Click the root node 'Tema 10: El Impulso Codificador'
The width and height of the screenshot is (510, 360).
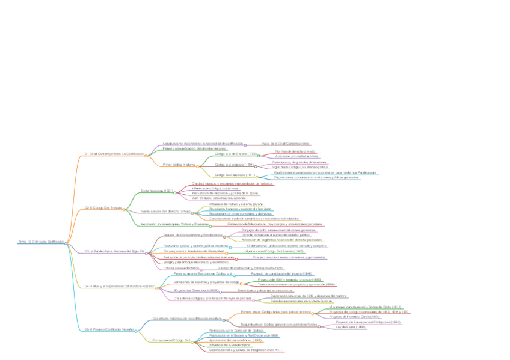coord(41,242)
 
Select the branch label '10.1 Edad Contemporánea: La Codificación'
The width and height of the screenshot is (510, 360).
coord(114,154)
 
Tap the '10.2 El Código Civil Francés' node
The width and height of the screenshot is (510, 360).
coord(102,207)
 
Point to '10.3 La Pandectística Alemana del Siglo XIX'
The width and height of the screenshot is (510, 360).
coord(114,251)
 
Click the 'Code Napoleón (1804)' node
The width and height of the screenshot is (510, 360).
coord(157,191)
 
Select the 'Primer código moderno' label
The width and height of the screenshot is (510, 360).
coord(179,164)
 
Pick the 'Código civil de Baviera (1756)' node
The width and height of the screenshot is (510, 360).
coord(235,154)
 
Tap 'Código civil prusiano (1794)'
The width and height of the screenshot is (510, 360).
coord(235,164)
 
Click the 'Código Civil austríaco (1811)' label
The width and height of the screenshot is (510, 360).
coord(235,175)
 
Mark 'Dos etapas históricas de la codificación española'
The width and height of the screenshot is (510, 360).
coord(184,318)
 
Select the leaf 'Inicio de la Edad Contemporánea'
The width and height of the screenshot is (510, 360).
coord(285,144)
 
